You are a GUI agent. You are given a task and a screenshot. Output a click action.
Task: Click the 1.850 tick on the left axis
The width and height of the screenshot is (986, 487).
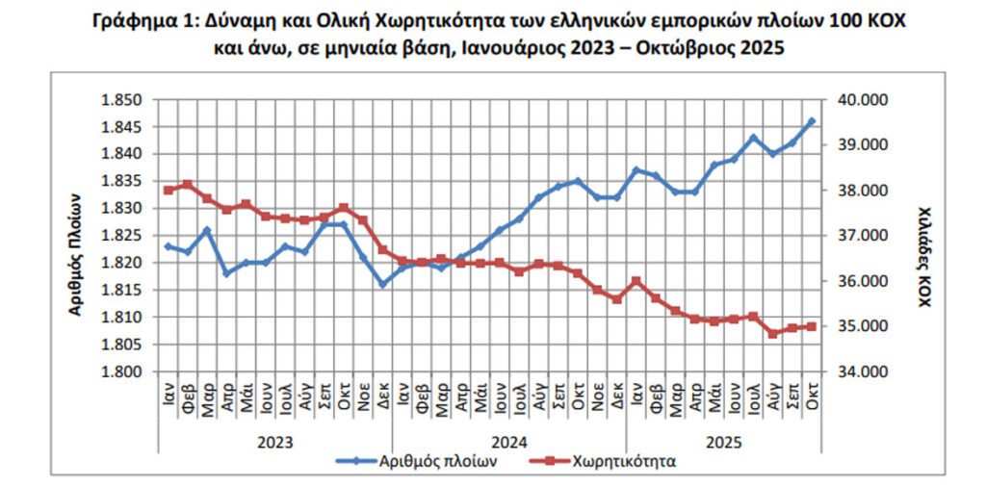pos(121,99)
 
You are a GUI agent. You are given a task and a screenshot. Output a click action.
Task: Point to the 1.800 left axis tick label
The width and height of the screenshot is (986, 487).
pos(121,372)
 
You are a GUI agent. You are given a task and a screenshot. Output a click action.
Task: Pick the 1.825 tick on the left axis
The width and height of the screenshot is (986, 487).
pos(121,236)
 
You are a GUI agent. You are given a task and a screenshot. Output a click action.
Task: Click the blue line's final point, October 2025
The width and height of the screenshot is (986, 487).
pos(812,121)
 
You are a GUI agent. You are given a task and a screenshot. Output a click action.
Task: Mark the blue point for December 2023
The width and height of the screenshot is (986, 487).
pos(382,284)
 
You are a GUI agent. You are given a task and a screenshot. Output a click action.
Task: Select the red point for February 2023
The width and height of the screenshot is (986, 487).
pos(187,184)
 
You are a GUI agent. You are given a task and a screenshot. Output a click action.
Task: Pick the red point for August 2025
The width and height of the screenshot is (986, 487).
pos(772,334)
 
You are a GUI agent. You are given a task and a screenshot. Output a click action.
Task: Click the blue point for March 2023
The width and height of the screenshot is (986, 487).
pos(207,230)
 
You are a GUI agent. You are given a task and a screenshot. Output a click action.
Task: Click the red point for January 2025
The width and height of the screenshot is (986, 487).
pos(636,281)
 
